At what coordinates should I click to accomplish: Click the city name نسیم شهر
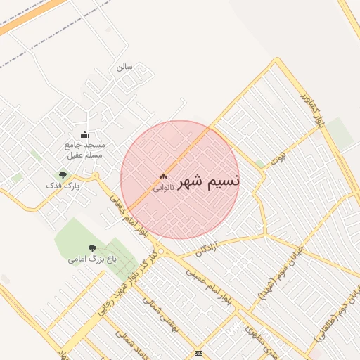[209, 181]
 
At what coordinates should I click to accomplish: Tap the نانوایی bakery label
[165, 188]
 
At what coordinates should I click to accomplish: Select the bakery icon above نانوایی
[164, 177]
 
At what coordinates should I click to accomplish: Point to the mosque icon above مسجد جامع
[85, 134]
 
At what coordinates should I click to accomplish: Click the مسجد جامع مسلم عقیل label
[84, 149]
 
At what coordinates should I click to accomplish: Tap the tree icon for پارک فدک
[63, 175]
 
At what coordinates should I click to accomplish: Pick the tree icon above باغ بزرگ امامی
[92, 247]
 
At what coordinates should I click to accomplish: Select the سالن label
[124, 67]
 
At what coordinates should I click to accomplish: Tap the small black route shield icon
[199, 353]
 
